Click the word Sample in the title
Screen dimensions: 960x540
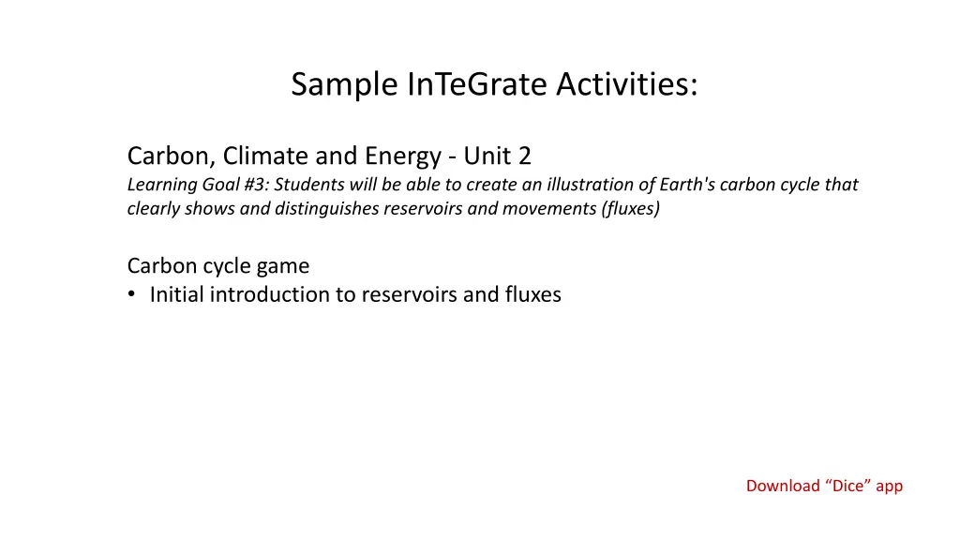[x=344, y=84]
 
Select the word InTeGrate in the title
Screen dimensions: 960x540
[x=477, y=83]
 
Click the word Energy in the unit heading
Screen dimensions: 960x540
[x=402, y=157]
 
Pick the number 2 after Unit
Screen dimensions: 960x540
[x=525, y=157]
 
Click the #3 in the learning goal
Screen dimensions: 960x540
[x=255, y=185]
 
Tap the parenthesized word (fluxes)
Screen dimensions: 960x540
[x=631, y=209]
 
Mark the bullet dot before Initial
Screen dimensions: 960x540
[x=131, y=294]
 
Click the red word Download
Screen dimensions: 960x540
[x=783, y=486]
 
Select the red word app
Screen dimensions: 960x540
[x=889, y=487]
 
